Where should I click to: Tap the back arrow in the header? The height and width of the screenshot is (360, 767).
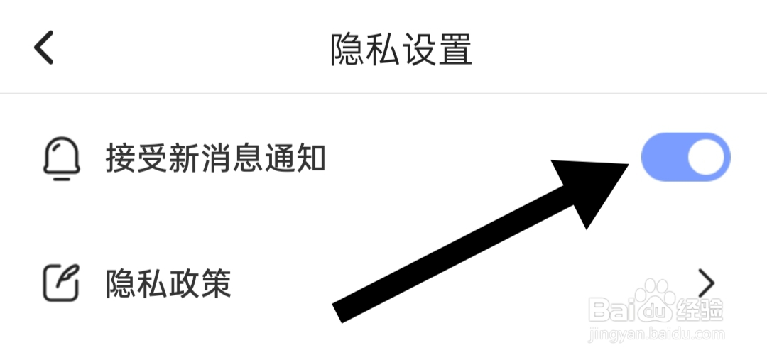(44, 48)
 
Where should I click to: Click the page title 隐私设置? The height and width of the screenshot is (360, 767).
(401, 49)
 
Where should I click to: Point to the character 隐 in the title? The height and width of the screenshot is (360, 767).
(347, 49)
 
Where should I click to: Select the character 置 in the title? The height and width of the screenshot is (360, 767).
(455, 49)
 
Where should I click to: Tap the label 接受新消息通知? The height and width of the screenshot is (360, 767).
(215, 158)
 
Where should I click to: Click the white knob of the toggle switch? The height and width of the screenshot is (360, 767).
(707, 158)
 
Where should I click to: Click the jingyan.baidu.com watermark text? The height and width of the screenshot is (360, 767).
(657, 332)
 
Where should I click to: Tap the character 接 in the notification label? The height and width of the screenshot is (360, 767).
(121, 158)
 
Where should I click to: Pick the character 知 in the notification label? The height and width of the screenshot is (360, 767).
(310, 158)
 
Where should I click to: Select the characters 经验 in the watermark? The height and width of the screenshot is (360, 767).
(701, 309)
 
